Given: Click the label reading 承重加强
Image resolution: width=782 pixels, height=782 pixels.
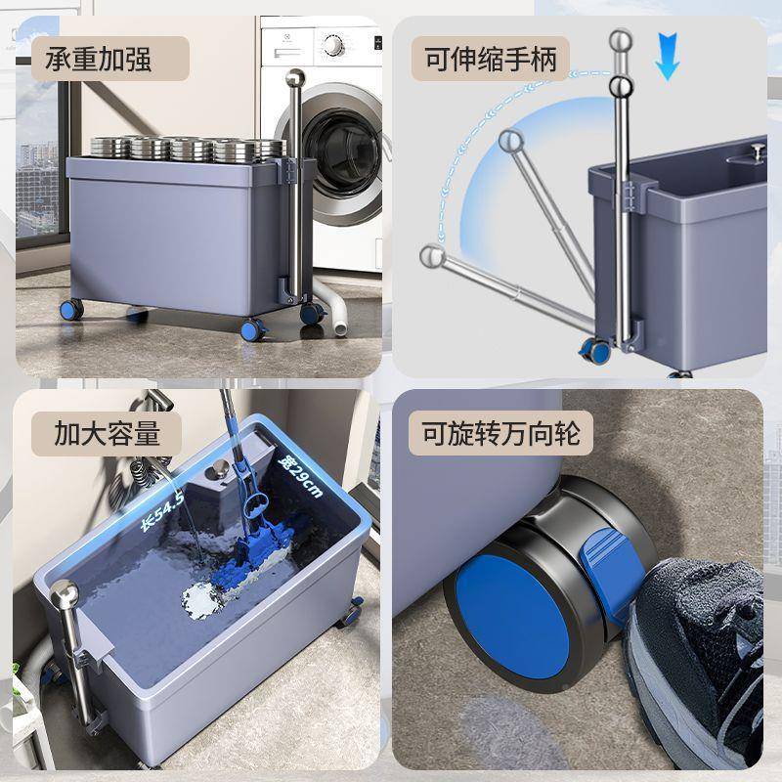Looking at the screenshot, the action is coord(99,60).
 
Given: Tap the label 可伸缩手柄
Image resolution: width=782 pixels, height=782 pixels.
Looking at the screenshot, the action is coord(491,60).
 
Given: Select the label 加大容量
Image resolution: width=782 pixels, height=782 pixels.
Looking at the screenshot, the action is coord(107,433).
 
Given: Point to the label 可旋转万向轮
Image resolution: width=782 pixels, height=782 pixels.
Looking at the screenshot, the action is coord(501,433).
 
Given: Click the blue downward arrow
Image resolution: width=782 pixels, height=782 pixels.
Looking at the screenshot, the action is coord(668,57).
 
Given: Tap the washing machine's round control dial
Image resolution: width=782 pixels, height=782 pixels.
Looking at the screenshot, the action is coord(332,46).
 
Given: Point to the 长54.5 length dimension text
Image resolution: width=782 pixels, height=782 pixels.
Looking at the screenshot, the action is coord(163,510).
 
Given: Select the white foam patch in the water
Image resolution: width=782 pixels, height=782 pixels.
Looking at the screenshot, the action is coord(202,601).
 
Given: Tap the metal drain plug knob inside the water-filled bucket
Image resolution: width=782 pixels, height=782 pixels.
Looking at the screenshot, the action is coord(219,470).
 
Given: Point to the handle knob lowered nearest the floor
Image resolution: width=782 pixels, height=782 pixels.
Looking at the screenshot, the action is coord(432,256).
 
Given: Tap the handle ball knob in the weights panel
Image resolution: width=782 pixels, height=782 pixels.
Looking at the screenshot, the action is coord(295,79).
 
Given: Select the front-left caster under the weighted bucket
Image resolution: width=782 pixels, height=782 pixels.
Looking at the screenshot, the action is coord(71,309).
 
